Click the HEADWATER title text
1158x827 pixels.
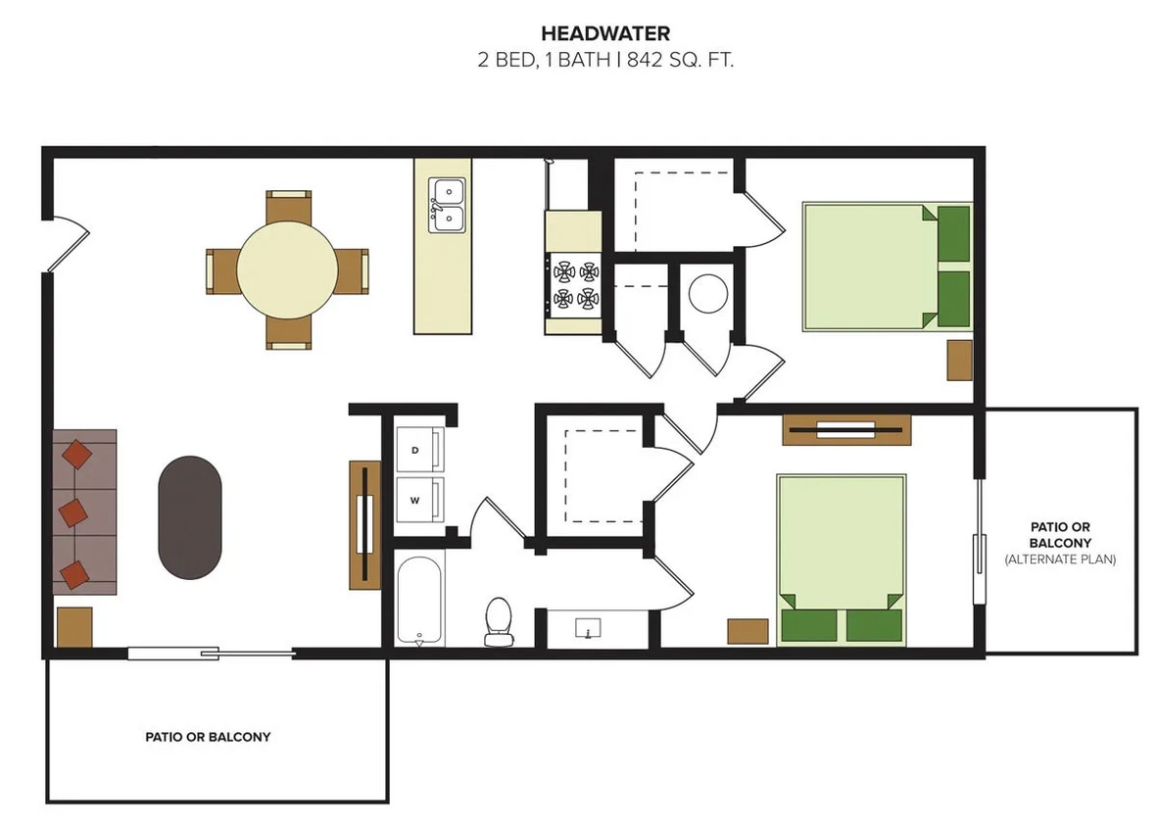click(605, 35)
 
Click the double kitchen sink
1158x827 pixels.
click(447, 205)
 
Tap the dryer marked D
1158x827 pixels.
click(418, 450)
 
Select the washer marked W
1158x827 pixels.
click(418, 500)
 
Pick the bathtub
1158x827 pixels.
click(420, 600)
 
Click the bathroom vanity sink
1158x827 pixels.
click(589, 628)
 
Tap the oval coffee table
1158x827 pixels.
click(190, 517)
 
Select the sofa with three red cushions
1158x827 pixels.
click(84, 511)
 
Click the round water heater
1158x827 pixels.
click(707, 292)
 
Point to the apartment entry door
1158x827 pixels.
click(67, 243)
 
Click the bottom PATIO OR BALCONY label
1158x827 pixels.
click(208, 736)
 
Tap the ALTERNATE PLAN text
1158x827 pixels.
click(1060, 559)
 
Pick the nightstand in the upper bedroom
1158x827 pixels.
click(959, 360)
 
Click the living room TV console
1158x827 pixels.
click(364, 524)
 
